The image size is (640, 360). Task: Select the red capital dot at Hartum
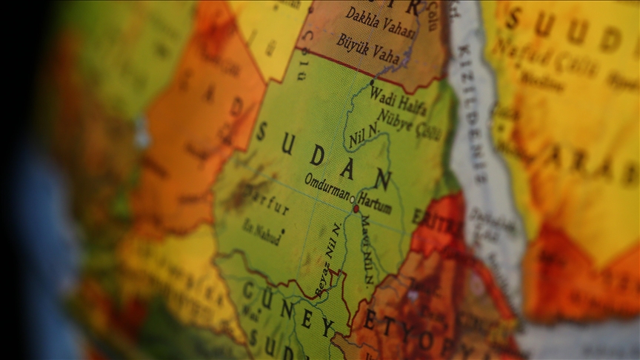(x=356, y=209)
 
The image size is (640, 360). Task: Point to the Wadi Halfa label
(x=398, y=102)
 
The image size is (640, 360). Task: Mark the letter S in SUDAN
(x=261, y=132)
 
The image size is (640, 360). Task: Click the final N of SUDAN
(x=382, y=179)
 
